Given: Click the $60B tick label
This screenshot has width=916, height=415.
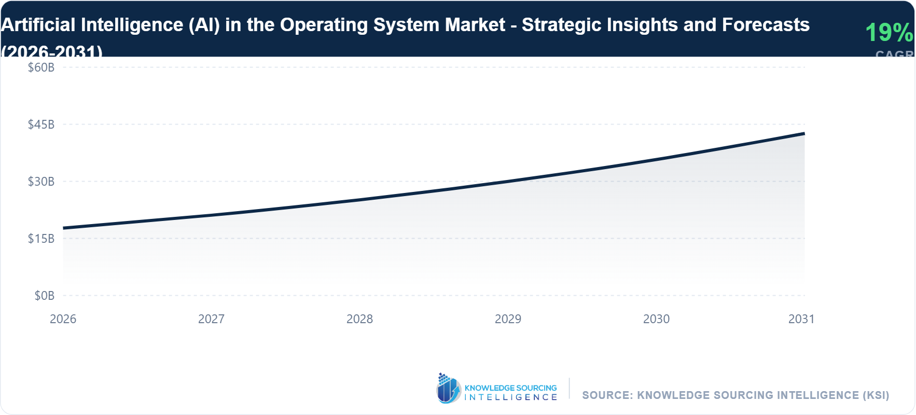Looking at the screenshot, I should click(41, 67).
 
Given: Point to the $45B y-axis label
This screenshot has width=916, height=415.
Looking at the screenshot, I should click(41, 125).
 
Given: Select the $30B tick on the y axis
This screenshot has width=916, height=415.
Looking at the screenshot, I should click(41, 182).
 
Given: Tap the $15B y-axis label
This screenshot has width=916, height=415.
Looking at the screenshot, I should click(41, 239).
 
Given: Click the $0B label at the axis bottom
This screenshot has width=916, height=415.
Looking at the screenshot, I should click(44, 296).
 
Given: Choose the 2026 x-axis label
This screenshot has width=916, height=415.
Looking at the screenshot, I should click(63, 319).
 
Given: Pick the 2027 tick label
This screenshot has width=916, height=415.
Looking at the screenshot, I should click(211, 319).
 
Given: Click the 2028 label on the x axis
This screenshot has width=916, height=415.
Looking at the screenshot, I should click(359, 319).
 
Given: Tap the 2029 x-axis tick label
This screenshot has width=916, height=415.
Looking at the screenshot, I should click(508, 319).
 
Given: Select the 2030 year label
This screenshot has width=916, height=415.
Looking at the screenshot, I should click(656, 319).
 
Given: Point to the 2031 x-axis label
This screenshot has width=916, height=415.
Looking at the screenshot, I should click(801, 319).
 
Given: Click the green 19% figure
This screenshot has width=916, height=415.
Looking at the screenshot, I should click(889, 33).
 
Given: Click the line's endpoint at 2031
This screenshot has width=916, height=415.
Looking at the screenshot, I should click(804, 134).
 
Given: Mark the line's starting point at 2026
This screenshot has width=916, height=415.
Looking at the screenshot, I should click(64, 228).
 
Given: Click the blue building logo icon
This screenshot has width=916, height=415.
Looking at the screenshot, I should click(448, 389).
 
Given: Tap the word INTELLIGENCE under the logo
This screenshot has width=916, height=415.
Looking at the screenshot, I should click(510, 397).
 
